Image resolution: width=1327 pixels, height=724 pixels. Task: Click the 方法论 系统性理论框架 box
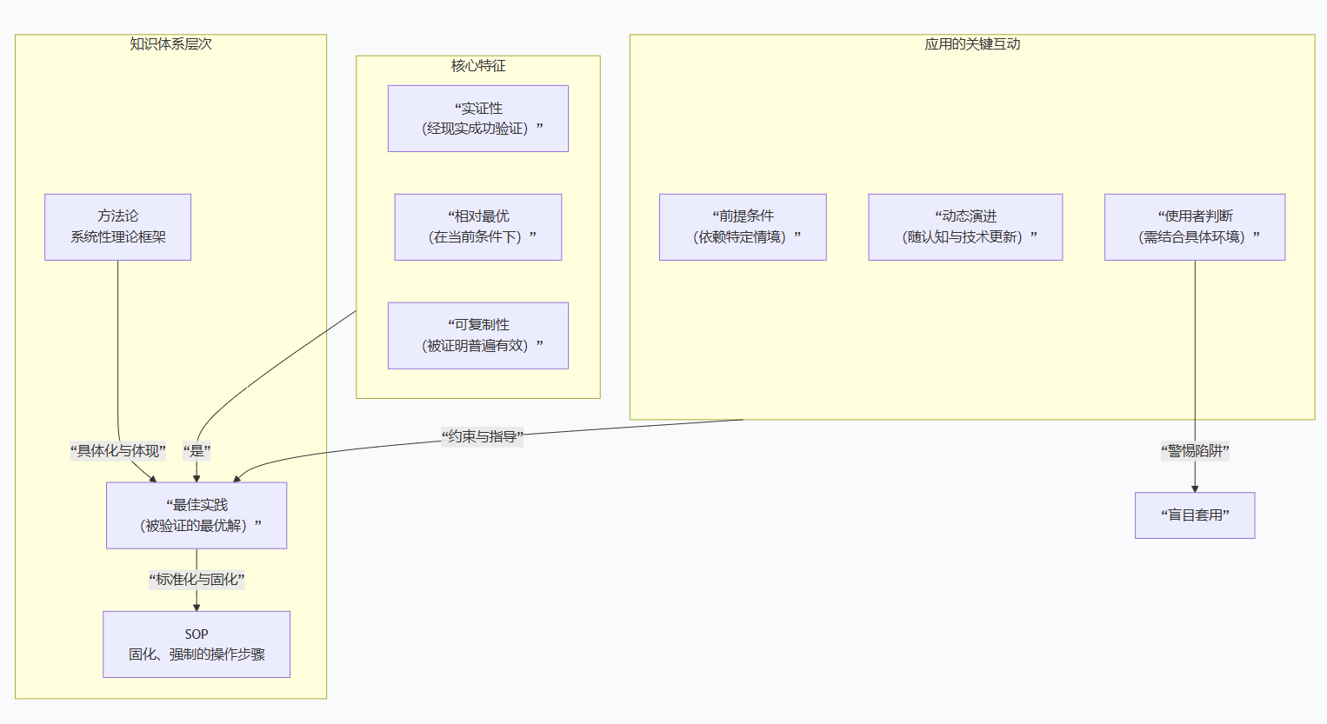pyautogui.click(x=117, y=227)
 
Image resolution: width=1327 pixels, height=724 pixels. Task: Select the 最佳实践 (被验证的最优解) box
pyautogui.click(x=197, y=515)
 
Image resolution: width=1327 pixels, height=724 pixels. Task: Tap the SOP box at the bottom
pyautogui.click(x=197, y=644)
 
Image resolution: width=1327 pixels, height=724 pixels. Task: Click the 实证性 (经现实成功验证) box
pyautogui.click(x=478, y=118)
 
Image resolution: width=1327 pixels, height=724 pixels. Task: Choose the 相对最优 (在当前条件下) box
pyautogui.click(x=478, y=227)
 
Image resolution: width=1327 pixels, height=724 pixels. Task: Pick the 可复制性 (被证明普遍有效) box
pyautogui.click(x=478, y=335)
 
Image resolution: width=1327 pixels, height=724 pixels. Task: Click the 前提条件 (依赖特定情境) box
pyautogui.click(x=743, y=227)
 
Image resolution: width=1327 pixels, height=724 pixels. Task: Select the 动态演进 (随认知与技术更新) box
pyautogui.click(x=965, y=227)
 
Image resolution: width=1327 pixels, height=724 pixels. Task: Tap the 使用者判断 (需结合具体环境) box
pyautogui.click(x=1195, y=227)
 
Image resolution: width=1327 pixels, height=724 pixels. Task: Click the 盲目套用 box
pyautogui.click(x=1195, y=515)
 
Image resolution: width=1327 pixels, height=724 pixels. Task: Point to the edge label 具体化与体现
pyautogui.click(x=118, y=451)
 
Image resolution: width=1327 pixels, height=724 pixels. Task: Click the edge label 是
pyautogui.click(x=197, y=451)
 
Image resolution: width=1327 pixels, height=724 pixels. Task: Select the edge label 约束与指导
pyautogui.click(x=482, y=436)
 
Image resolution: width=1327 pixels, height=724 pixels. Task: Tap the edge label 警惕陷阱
pyautogui.click(x=1195, y=451)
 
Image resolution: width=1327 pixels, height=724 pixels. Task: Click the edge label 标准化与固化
pyautogui.click(x=197, y=580)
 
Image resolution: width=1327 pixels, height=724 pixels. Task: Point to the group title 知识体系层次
pyautogui.click(x=170, y=44)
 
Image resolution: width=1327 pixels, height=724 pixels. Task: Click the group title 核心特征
pyautogui.click(x=478, y=66)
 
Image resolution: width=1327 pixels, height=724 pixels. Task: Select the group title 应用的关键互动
pyautogui.click(x=972, y=44)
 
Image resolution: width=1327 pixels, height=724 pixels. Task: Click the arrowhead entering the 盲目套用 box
pyautogui.click(x=1195, y=488)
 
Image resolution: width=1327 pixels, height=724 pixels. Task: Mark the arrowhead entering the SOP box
pyautogui.click(x=197, y=607)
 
